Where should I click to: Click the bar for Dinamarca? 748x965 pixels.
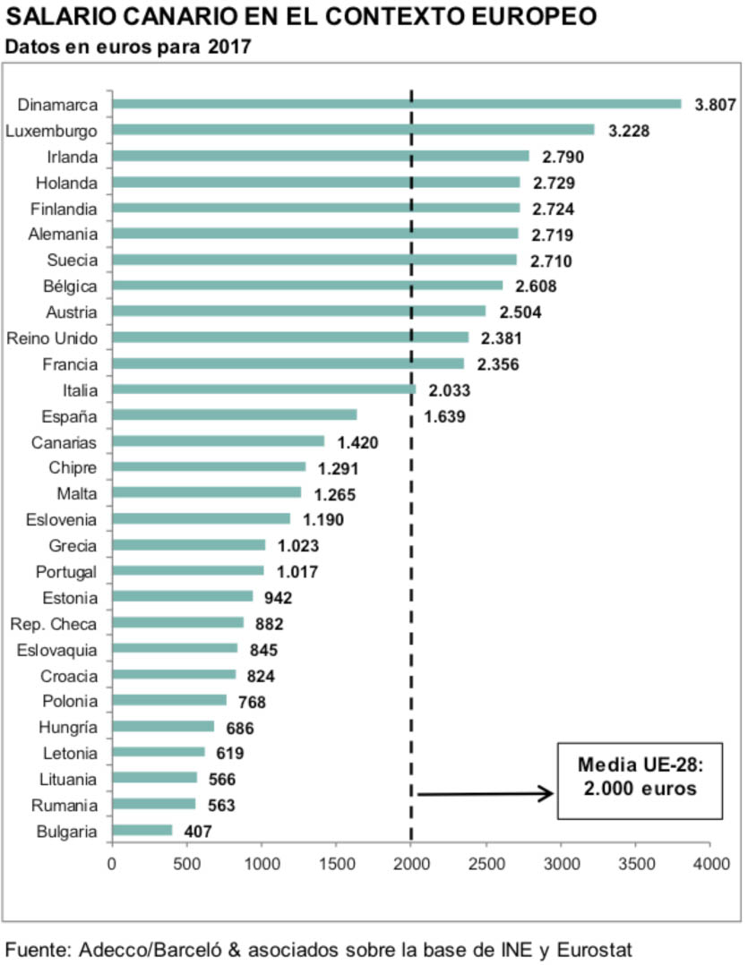[396, 104]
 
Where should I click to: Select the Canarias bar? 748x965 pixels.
[218, 441]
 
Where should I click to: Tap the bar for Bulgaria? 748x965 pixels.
[142, 831]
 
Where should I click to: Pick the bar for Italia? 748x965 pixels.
[263, 389]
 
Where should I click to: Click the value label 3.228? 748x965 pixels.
[628, 131]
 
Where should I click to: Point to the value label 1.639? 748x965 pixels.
[446, 416]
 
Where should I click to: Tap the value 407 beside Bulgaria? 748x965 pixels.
[195, 832]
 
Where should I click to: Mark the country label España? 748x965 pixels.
[70, 416]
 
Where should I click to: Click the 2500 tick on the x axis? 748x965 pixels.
[486, 866]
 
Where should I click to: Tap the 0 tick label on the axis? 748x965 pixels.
[111, 866]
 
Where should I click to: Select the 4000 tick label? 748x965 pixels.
[709, 866]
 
